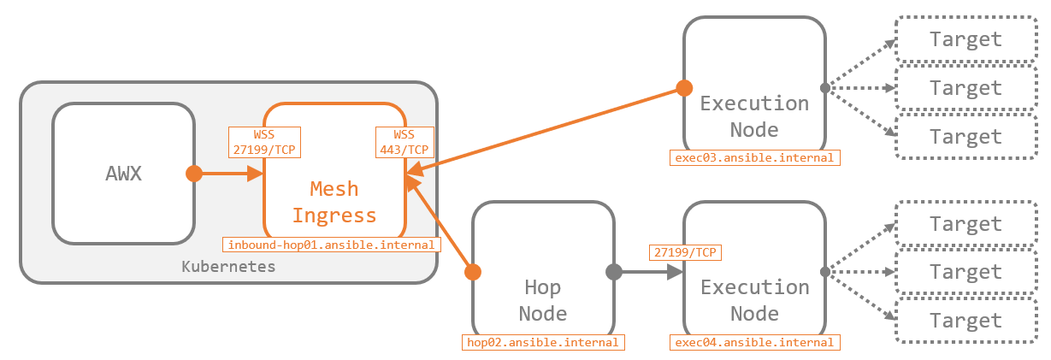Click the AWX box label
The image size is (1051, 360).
click(x=123, y=174)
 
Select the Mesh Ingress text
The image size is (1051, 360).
click(x=334, y=202)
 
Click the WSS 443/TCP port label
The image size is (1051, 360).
click(x=404, y=142)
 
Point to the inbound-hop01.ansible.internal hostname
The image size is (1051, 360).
click(x=332, y=245)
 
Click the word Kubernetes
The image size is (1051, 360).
click(x=229, y=266)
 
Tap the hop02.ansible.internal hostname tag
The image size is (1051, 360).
click(x=542, y=342)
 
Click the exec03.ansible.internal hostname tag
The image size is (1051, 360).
click(x=754, y=157)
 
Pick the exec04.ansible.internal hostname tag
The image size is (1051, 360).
click(x=754, y=342)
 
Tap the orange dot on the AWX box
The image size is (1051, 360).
click(x=194, y=174)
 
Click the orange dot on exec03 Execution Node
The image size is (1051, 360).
click(x=684, y=87)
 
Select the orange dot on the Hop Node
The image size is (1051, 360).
click(x=472, y=273)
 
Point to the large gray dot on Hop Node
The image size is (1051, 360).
click(x=613, y=273)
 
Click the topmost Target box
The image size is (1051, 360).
click(x=965, y=39)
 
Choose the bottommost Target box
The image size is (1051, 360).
click(x=965, y=321)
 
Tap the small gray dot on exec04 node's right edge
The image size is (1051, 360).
click(x=825, y=273)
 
